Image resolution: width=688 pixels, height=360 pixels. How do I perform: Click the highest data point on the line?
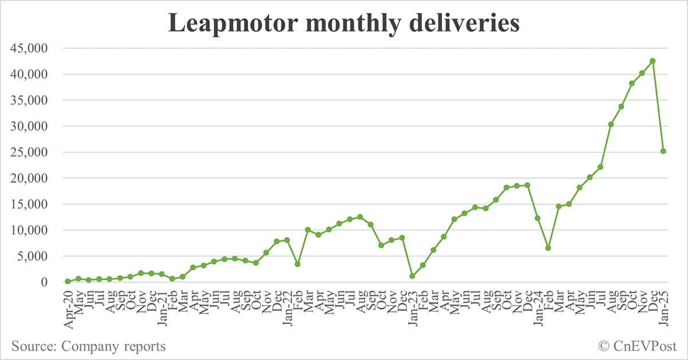click(652, 61)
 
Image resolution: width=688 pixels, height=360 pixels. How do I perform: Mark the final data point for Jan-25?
click(663, 151)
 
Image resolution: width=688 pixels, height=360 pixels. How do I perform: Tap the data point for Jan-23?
click(412, 276)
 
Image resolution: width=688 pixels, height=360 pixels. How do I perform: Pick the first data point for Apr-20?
click(68, 281)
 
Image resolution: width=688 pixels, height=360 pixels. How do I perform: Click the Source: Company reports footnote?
click(88, 346)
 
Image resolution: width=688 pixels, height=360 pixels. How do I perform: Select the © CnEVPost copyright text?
click(637, 346)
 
